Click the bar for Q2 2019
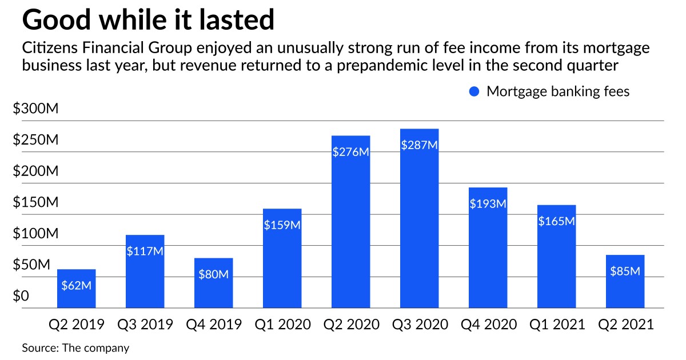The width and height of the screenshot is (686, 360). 76,289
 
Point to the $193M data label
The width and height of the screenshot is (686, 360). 488,204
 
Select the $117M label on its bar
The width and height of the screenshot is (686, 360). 145,251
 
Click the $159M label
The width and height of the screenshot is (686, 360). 282,225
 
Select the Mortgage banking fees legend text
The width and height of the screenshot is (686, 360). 557,91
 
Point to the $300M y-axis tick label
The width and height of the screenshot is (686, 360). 37,109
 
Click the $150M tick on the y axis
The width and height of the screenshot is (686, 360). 37,203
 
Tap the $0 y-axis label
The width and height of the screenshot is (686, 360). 21,296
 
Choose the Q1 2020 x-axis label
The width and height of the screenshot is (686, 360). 282,325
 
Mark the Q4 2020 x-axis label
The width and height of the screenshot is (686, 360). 488,325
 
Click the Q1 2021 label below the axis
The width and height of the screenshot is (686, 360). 557,325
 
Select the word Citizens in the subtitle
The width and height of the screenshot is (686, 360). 47,49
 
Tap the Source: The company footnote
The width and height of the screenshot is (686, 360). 75,347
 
